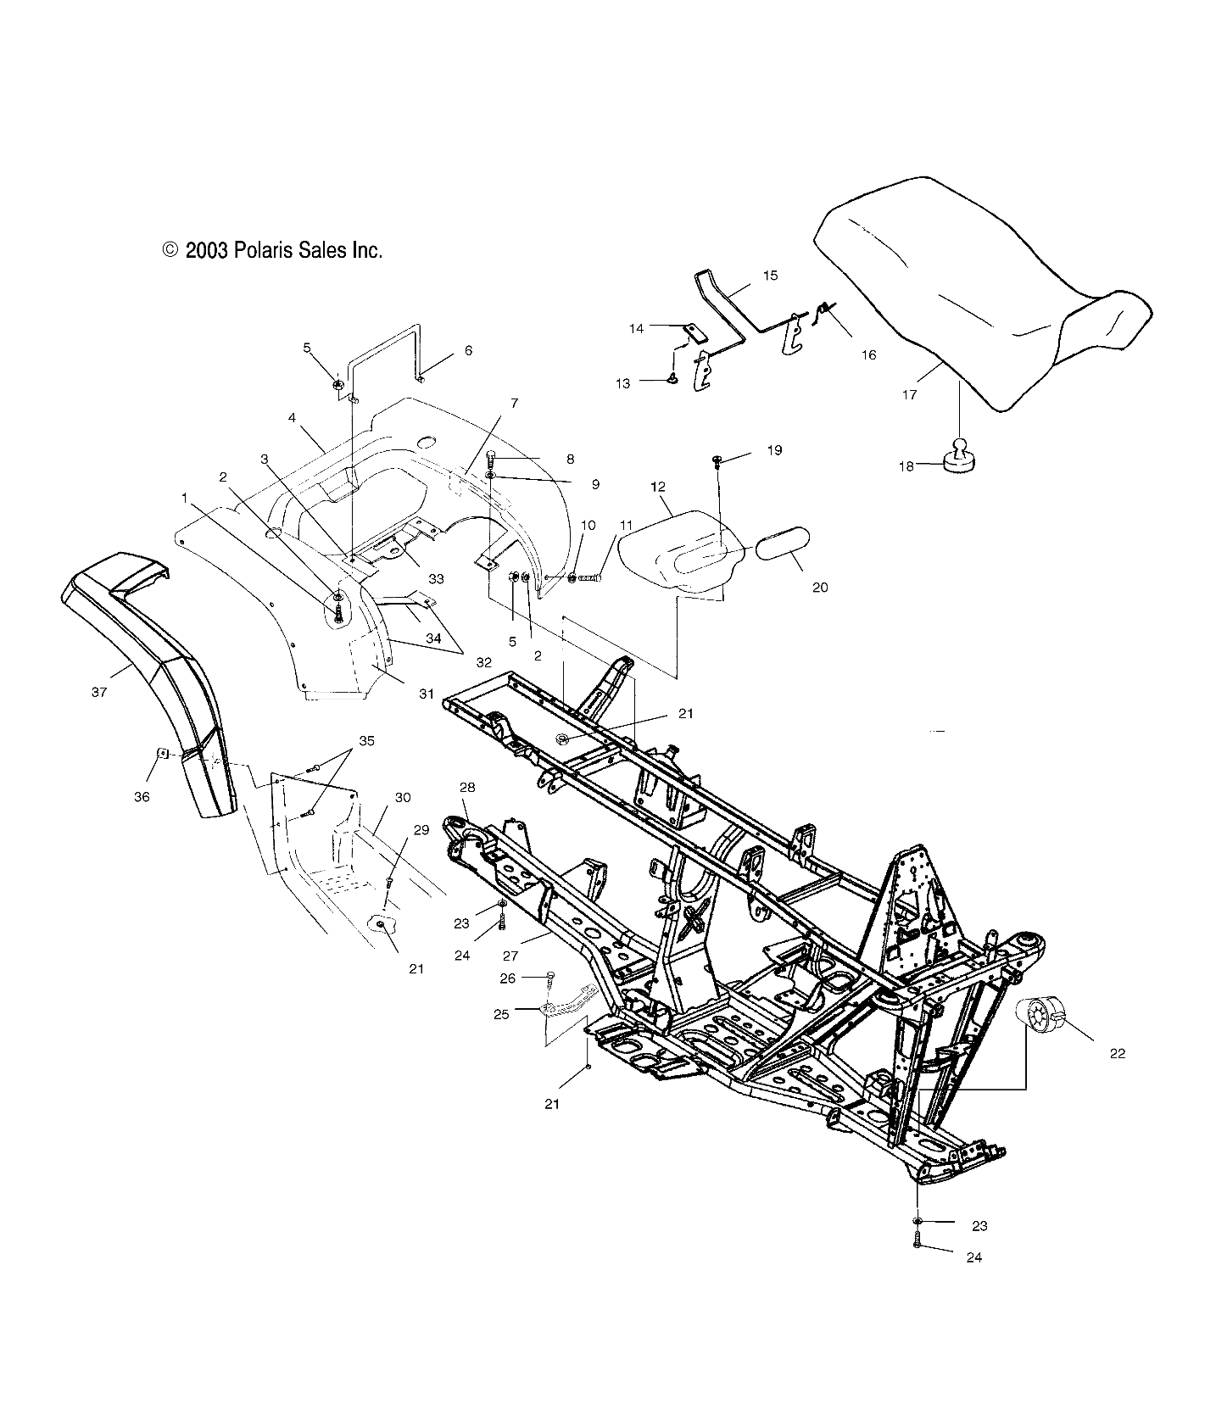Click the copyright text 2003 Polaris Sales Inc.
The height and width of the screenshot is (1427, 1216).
point(272,250)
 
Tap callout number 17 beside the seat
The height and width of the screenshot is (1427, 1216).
point(909,395)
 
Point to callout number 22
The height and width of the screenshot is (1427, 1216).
point(1117,1053)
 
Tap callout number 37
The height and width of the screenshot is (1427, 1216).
point(99,692)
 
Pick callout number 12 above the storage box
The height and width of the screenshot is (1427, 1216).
point(657,487)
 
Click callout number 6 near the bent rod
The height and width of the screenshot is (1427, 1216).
point(468,350)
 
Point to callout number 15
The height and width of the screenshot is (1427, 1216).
point(770,276)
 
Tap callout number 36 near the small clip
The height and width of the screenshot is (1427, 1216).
point(142,797)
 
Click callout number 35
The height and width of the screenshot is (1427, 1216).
point(365,740)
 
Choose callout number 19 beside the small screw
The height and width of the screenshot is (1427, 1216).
point(774,450)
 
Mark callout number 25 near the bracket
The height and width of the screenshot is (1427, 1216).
point(501,1014)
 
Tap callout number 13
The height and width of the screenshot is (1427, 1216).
point(622,383)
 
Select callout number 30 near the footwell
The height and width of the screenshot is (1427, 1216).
point(403,797)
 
